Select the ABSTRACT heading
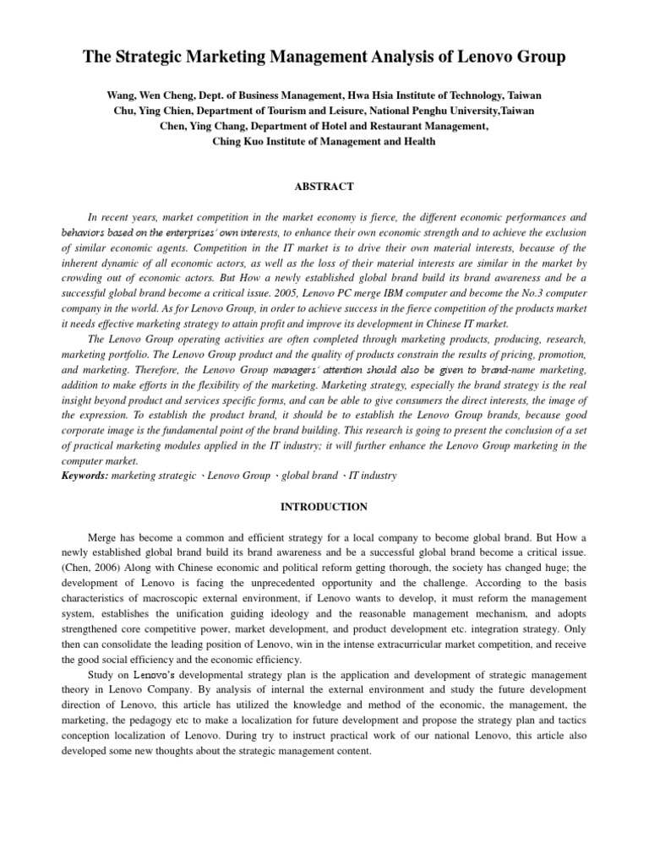click(x=324, y=187)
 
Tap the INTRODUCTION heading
click(x=324, y=507)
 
